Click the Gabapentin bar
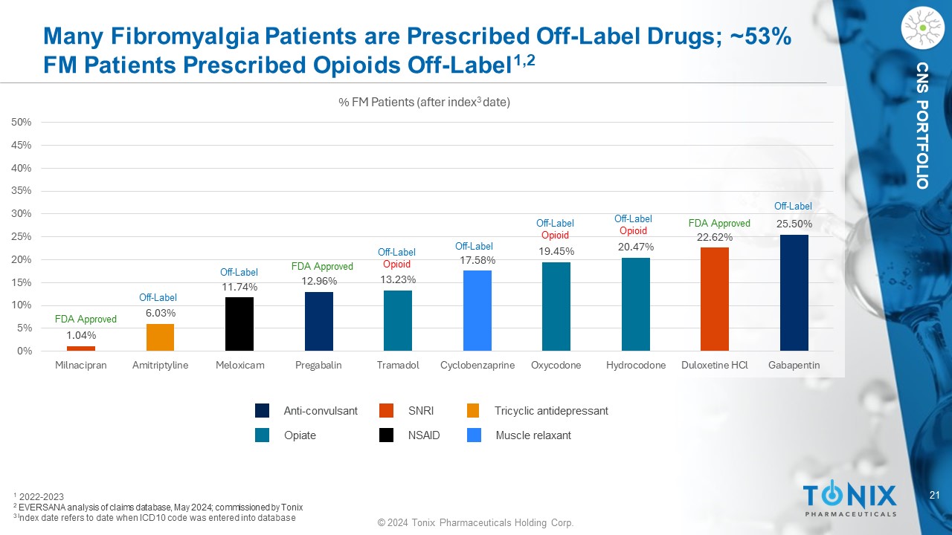pos(794,293)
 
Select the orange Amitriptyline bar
pos(160,337)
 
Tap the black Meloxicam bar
pos(239,324)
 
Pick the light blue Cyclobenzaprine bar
pos(477,311)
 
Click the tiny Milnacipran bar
pos(81,348)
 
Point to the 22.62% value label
pos(715,237)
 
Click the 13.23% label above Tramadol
pos(398,279)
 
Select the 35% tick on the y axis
pos(21,191)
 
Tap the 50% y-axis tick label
pos(21,122)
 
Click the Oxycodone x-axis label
pos(556,366)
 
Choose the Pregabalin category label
pos(318,366)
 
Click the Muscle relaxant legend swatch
pos(474,435)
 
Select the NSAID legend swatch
pos(386,435)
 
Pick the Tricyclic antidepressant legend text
pos(551,411)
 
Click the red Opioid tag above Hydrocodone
pos(633,231)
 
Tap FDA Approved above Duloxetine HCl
pos(719,223)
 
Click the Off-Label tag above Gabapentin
pos(793,206)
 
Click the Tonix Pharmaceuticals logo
pos(849,499)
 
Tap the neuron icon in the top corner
pos(922,29)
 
